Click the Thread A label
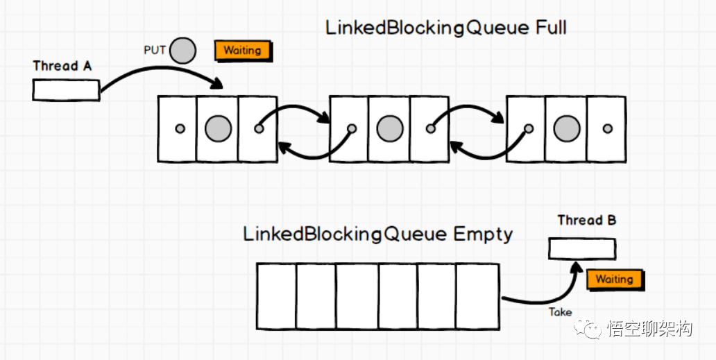[62, 67]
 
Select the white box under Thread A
[66, 89]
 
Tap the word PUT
[155, 51]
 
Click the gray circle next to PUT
[182, 51]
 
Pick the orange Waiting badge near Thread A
[242, 51]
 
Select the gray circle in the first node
[218, 128]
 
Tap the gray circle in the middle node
[389, 128]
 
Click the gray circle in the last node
[566, 128]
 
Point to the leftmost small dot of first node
[179, 128]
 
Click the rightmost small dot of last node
[608, 128]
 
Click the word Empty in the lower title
[483, 234]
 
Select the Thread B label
[587, 221]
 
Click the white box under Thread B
[581, 248]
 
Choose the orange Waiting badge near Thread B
[614, 280]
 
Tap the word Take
[560, 312]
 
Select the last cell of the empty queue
[477, 295]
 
